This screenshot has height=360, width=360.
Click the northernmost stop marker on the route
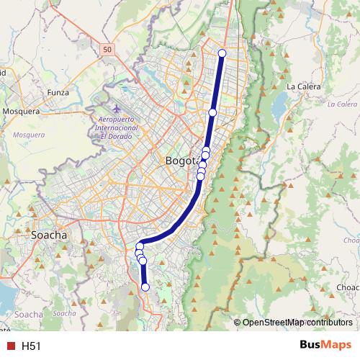point(222,53)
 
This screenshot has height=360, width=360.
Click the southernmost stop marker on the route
point(145,287)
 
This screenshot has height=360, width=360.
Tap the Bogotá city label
point(184,161)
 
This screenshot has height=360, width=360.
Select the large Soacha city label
point(49,235)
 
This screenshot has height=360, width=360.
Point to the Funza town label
point(58,93)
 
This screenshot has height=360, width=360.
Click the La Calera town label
point(302,86)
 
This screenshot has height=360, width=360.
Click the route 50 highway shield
point(107,49)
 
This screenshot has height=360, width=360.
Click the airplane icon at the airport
point(117,109)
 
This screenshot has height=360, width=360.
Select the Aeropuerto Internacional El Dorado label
point(116,127)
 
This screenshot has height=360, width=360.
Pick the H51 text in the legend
point(31,346)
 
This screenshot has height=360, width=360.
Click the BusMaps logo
point(325,346)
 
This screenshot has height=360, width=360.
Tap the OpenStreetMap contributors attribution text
point(297,323)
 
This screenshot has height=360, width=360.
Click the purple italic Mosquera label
point(29,134)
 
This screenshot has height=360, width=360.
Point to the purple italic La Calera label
point(341,104)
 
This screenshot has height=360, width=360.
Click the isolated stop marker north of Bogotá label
point(213,112)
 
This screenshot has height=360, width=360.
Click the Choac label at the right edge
point(348,287)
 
